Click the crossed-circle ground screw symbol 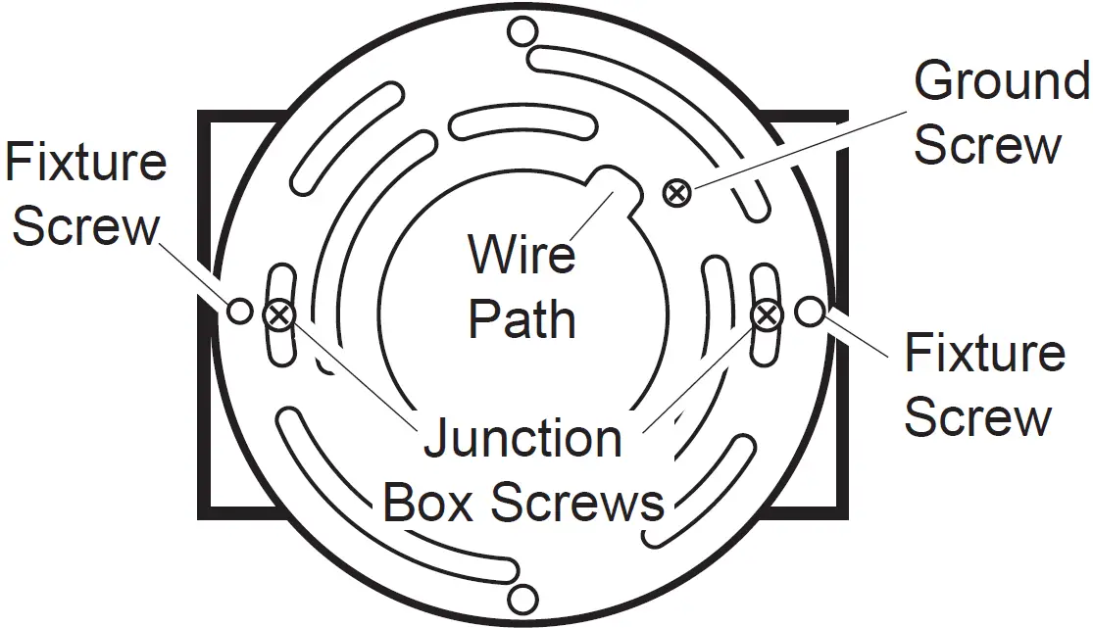[x=675, y=193]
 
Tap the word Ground [x=1001, y=81]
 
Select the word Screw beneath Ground [x=987, y=145]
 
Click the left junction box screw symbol [x=279, y=314]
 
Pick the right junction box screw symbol [x=766, y=314]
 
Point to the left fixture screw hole [x=240, y=312]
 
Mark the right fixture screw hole [x=809, y=312]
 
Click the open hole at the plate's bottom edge [x=523, y=600]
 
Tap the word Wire [x=522, y=254]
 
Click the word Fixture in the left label [x=86, y=162]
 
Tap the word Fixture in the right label [x=984, y=353]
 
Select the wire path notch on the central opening [x=616, y=186]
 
